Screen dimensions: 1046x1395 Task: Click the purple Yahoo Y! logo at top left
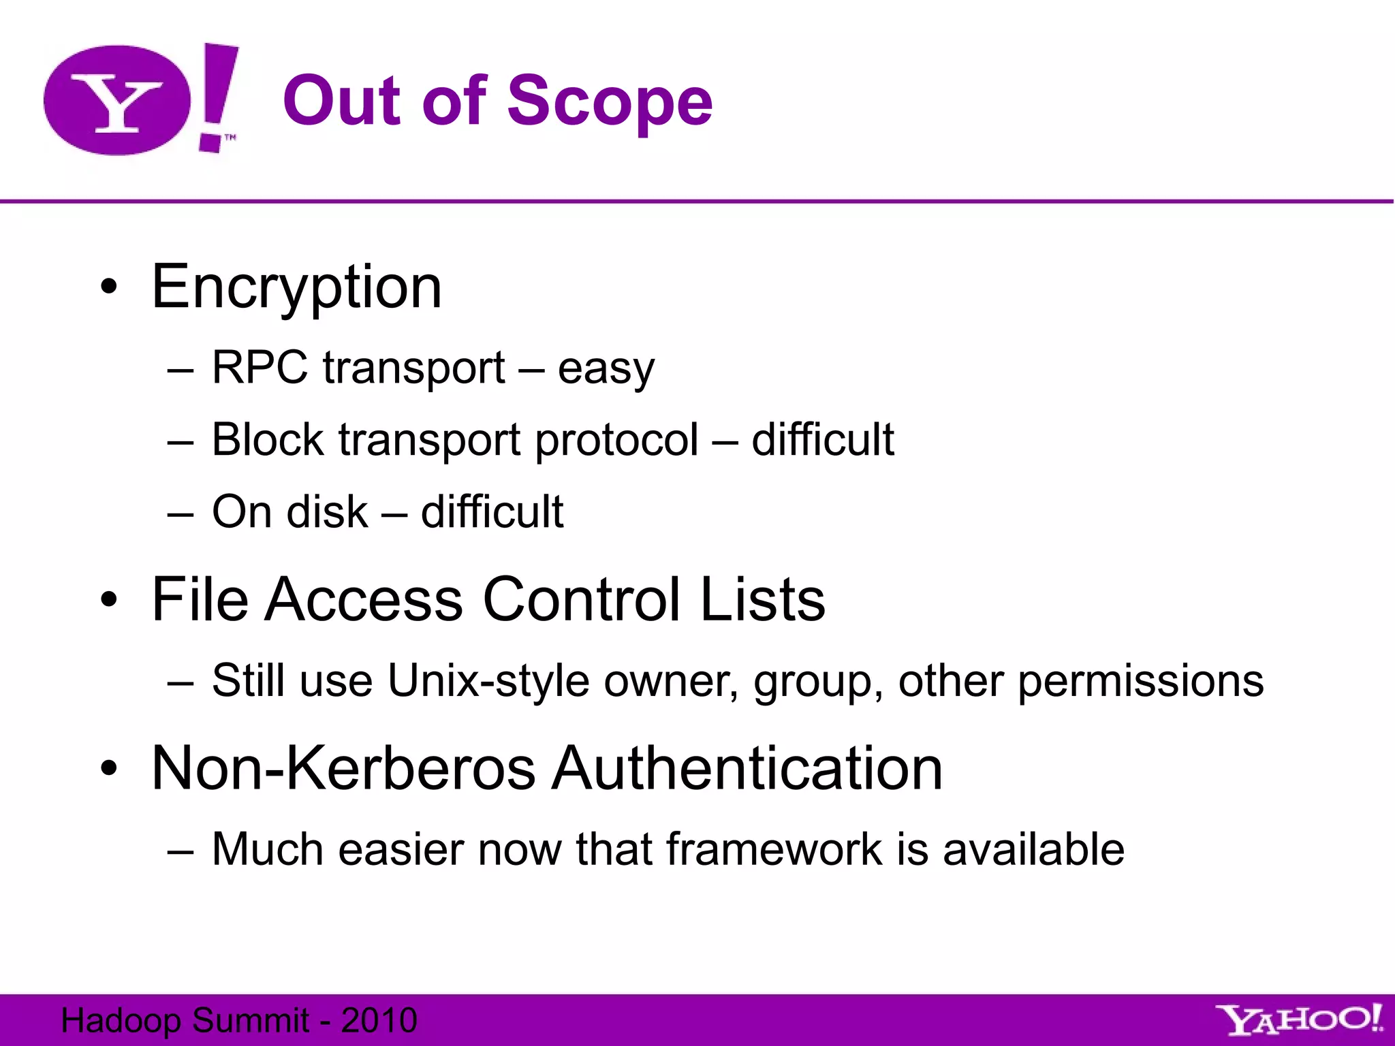pyautogui.click(x=140, y=99)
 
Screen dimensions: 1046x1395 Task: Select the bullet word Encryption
pyautogui.click(x=297, y=287)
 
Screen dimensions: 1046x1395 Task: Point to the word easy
pyautogui.click(x=606, y=369)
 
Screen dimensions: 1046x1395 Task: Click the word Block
pyautogui.click(x=268, y=439)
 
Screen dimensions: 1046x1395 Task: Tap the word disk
pyautogui.click(x=328, y=511)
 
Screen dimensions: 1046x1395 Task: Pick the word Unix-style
pyautogui.click(x=488, y=680)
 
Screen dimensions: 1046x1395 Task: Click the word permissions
pyautogui.click(x=1141, y=681)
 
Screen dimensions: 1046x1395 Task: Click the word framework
pyautogui.click(x=774, y=849)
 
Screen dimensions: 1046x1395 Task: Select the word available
pyautogui.click(x=1033, y=849)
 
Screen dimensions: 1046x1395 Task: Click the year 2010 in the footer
pyautogui.click(x=379, y=1020)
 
